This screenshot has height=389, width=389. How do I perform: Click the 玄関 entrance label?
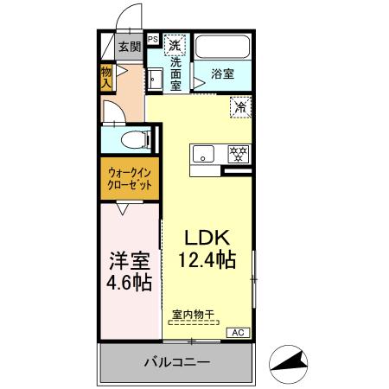pyautogui.click(x=129, y=48)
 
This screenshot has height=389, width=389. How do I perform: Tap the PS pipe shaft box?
pyautogui.click(x=152, y=39)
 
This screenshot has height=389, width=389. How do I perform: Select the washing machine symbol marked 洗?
pyautogui.click(x=175, y=45)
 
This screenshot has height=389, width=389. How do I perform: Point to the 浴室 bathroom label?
pyautogui.click(x=222, y=74)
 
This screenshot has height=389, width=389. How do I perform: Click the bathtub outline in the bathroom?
pyautogui.click(x=222, y=47)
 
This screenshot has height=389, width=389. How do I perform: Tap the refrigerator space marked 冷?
pyautogui.click(x=239, y=108)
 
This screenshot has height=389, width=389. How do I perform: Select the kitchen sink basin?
pyautogui.click(x=204, y=155)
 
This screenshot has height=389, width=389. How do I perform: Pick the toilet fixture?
pyautogui.click(x=133, y=138)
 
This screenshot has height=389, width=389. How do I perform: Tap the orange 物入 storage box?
pyautogui.click(x=106, y=78)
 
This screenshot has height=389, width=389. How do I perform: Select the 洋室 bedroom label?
pyautogui.click(x=130, y=259)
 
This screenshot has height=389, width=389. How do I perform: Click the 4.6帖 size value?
pyautogui.click(x=130, y=282)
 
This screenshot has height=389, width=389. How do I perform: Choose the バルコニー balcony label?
pyautogui.click(x=175, y=362)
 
